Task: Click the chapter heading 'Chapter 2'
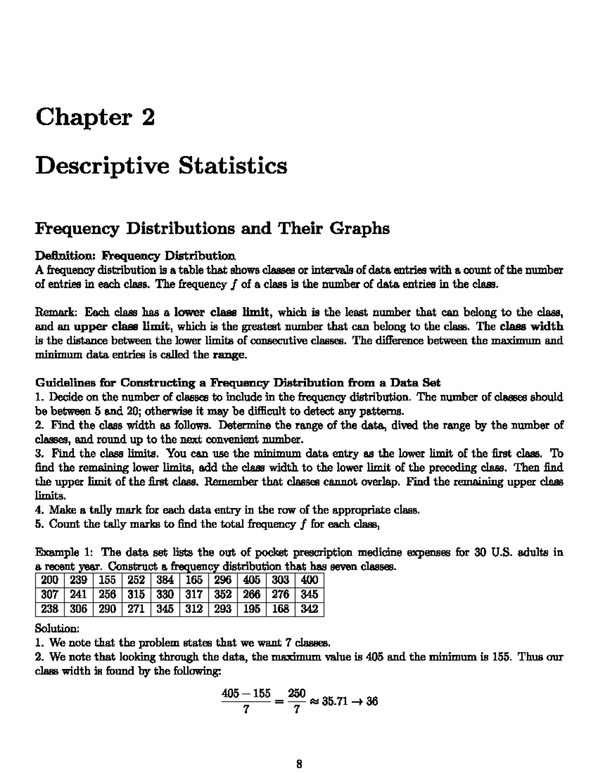pyautogui.click(x=95, y=117)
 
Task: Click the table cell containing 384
pyautogui.click(x=165, y=580)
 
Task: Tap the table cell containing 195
pyautogui.click(x=252, y=609)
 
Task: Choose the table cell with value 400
pyautogui.click(x=309, y=580)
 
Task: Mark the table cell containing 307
pyautogui.click(x=49, y=594)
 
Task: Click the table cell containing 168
pyautogui.click(x=281, y=609)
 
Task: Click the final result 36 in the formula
pyautogui.click(x=371, y=702)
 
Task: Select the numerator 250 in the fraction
pyautogui.click(x=297, y=693)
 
